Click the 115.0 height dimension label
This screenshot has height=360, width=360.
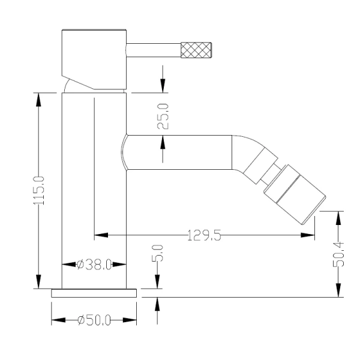[x=38, y=191]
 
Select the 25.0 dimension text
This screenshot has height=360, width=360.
[x=163, y=116]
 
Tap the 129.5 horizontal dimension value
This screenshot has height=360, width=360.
[x=204, y=235]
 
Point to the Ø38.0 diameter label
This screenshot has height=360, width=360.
[x=94, y=265]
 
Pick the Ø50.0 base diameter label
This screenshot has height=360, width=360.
[x=94, y=320]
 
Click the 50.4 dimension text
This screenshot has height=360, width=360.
[x=338, y=254]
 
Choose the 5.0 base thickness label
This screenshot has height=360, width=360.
[x=157, y=253]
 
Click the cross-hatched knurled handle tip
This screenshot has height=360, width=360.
[x=196, y=50]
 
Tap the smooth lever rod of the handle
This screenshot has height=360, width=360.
[x=154, y=50]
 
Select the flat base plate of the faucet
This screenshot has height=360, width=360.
[x=94, y=293]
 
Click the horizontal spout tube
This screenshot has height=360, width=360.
[x=179, y=152]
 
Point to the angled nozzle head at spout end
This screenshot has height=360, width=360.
[x=295, y=194]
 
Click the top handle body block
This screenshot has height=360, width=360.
[x=94, y=59]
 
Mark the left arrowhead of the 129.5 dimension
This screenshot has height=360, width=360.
[x=101, y=235]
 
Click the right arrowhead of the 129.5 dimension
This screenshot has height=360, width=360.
[x=308, y=235]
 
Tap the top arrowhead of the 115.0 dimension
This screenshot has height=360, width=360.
[x=38, y=100]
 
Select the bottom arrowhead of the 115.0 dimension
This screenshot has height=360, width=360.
[x=38, y=282]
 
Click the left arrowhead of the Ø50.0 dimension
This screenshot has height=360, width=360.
[x=58, y=320]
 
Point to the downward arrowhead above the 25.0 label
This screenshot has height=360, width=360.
[x=163, y=86]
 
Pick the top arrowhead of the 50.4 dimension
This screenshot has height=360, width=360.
[x=338, y=218]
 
